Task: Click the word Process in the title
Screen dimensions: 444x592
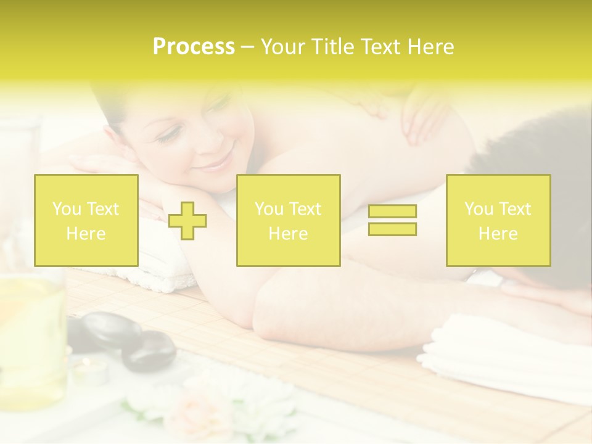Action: tap(194, 47)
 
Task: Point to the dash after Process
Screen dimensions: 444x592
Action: tap(248, 47)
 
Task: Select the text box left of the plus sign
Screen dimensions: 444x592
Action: tap(86, 220)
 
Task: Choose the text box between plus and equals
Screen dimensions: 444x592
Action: tap(288, 220)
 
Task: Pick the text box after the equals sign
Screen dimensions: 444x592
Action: tap(498, 220)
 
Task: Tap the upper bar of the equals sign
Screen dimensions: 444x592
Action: tap(392, 212)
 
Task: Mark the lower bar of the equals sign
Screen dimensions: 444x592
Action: tap(392, 229)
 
